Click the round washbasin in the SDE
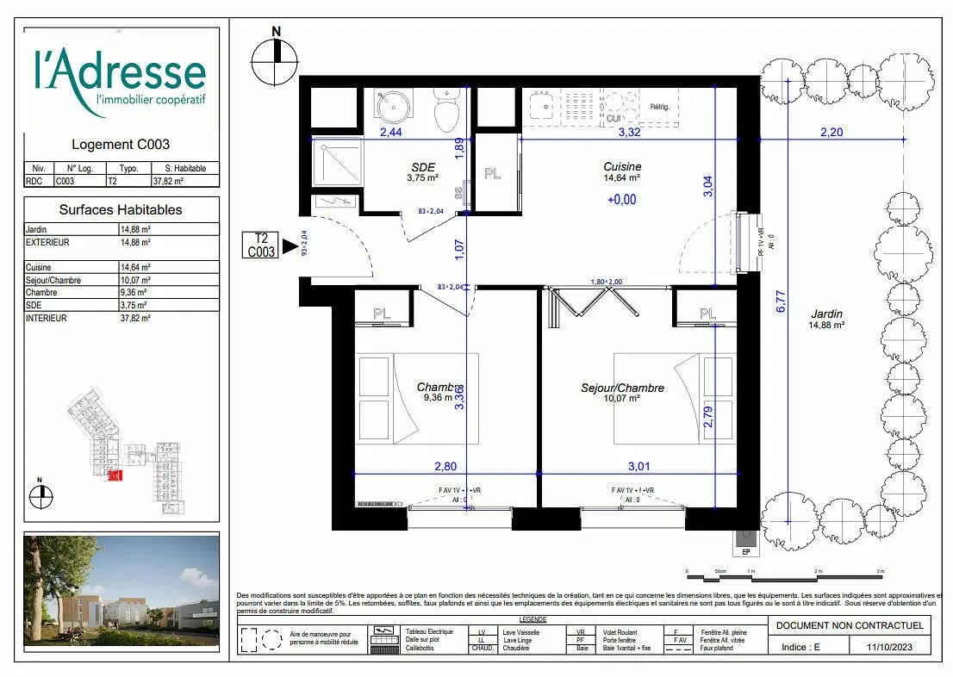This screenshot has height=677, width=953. click(393, 109)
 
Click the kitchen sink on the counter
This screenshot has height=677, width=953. click(542, 107)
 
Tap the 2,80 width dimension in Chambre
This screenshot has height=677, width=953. click(445, 467)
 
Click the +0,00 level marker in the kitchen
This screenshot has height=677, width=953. click(621, 199)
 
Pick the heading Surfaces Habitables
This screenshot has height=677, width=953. click(121, 209)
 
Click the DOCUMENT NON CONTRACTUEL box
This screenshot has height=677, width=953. click(850, 625)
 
